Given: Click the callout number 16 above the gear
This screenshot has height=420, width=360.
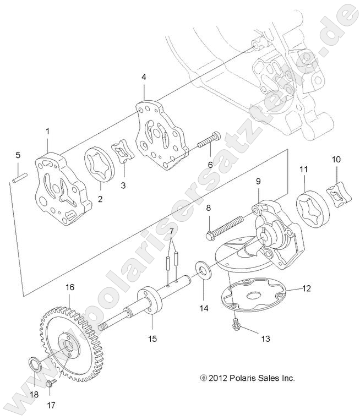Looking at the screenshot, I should (x=70, y=287).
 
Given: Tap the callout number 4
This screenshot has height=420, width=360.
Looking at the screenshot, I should (x=144, y=77).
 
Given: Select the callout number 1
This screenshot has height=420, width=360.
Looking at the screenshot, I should (x=47, y=131).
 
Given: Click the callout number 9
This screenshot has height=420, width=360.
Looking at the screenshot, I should (x=258, y=181).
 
